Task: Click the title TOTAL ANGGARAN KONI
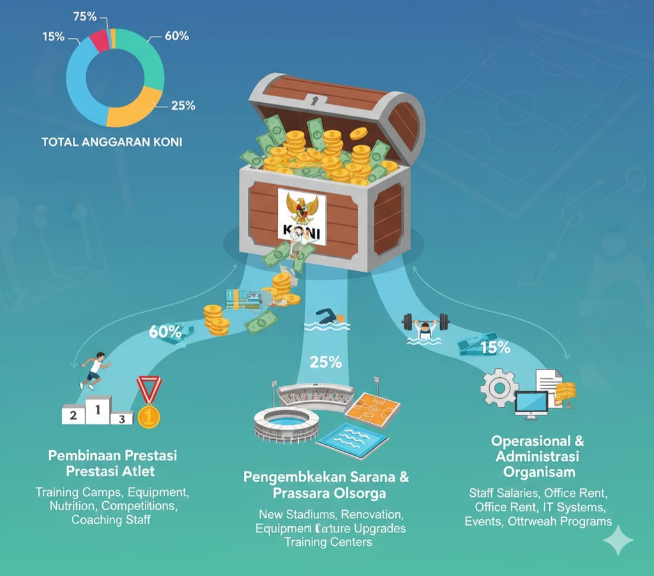[x=112, y=142]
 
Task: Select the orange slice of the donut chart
[x=137, y=107]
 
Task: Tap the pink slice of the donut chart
[x=100, y=40]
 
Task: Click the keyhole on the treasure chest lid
[x=313, y=100]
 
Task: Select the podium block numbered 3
[x=121, y=419]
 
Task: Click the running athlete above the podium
[x=93, y=370]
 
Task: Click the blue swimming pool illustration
[x=353, y=439]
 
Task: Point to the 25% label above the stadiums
[x=325, y=362]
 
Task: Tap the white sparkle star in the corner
[x=618, y=541]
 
